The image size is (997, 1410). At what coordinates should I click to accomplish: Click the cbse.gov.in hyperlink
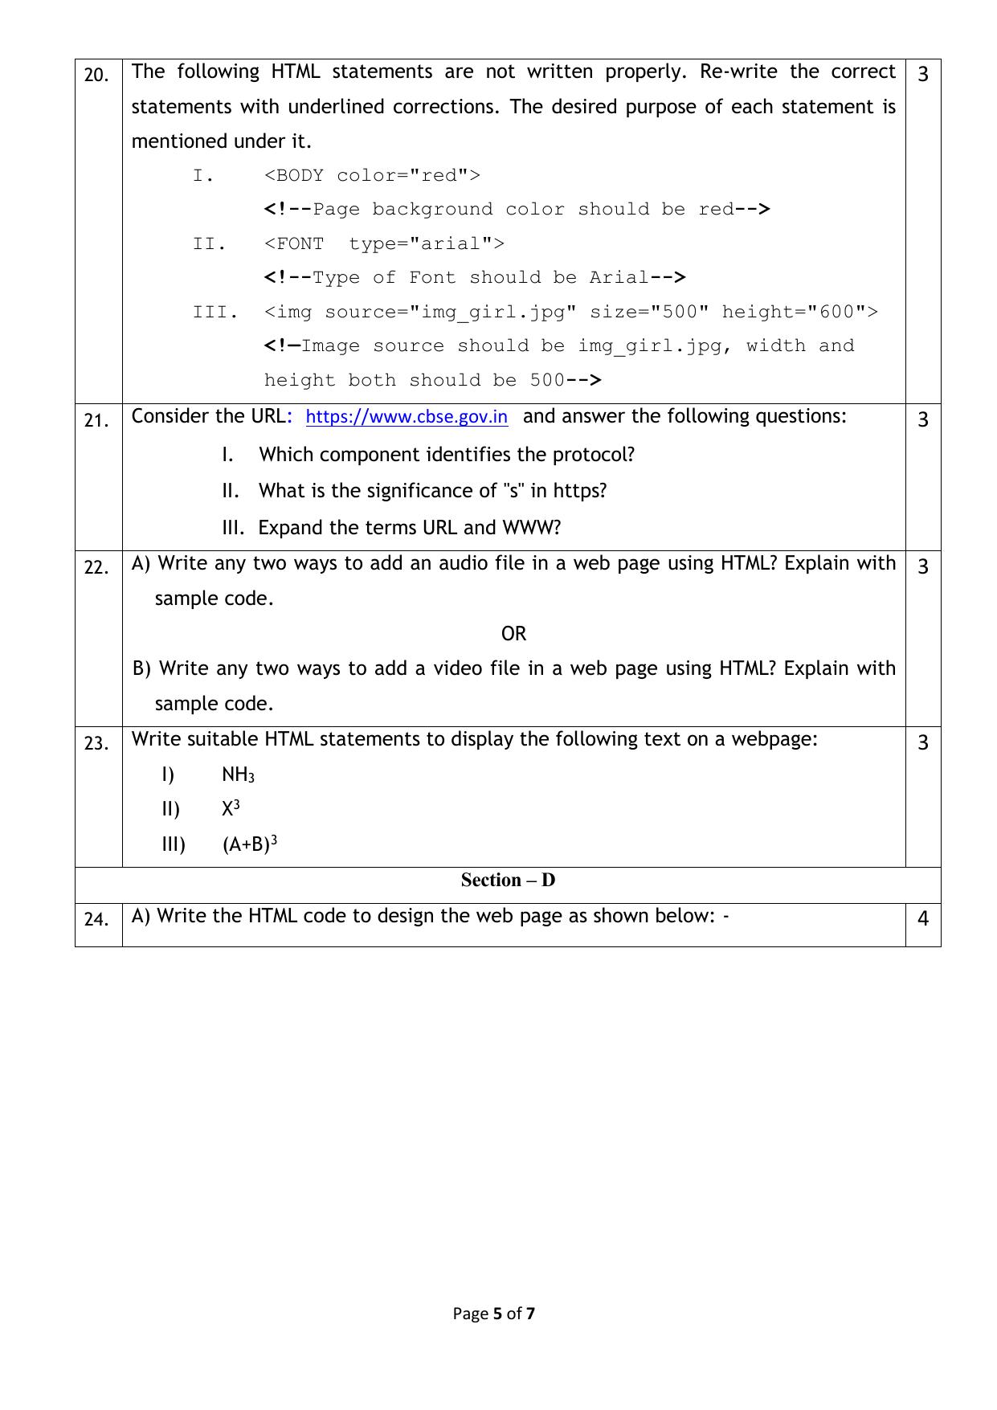[x=407, y=417]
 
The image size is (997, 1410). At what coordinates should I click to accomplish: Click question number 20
[x=96, y=76]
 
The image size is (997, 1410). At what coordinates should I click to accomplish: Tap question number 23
[x=96, y=744]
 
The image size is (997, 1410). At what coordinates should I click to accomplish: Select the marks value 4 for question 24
[x=923, y=918]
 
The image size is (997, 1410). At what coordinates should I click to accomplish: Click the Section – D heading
[x=508, y=881]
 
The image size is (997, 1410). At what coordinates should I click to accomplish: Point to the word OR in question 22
[x=513, y=634]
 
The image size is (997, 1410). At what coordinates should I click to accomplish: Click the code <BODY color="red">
[x=372, y=176]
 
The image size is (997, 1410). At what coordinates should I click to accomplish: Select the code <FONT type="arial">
[x=384, y=244]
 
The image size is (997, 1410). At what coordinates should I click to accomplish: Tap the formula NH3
[x=238, y=774]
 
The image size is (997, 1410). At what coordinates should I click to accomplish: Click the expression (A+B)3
[x=250, y=844]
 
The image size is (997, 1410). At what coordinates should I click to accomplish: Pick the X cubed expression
[x=231, y=809]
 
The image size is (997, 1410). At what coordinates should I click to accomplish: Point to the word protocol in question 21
[x=593, y=455]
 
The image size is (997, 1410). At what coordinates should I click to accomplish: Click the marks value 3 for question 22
[x=923, y=567]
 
